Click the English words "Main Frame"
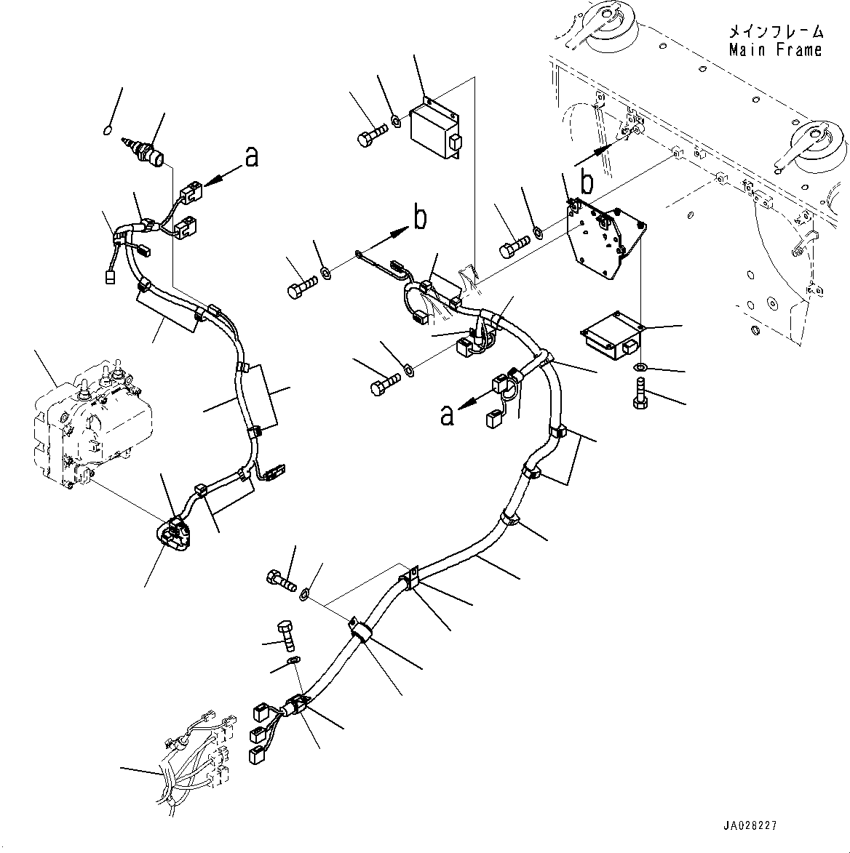point(775,49)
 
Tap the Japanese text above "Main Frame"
point(776,32)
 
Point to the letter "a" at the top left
point(251,156)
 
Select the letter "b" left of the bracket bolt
point(420,217)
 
